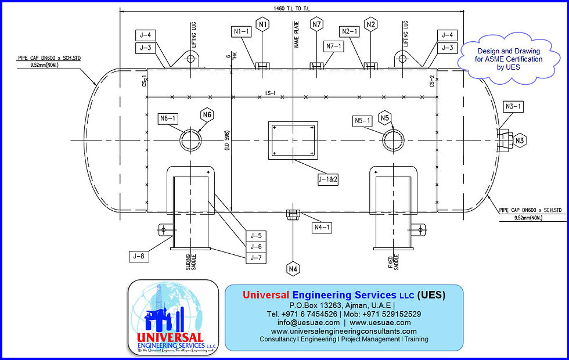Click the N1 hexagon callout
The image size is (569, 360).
click(x=262, y=24)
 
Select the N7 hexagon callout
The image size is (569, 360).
click(x=316, y=24)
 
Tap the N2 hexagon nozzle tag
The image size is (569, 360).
click(x=371, y=24)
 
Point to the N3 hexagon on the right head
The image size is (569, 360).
click(x=520, y=140)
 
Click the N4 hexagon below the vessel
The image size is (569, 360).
click(x=293, y=269)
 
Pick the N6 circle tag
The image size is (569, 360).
click(x=207, y=114)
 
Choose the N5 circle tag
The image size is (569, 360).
click(x=384, y=118)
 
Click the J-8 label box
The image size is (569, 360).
click(x=138, y=255)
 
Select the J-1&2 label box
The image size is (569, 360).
click(x=328, y=180)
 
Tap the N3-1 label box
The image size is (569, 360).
click(x=514, y=106)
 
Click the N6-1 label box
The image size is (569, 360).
click(x=168, y=118)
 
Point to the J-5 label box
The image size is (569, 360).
click(x=256, y=236)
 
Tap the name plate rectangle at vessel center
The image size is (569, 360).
click(x=293, y=141)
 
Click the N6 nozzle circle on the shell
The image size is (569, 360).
click(x=190, y=141)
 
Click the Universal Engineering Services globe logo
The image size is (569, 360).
click(x=174, y=317)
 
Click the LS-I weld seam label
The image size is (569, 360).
click(x=270, y=92)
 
